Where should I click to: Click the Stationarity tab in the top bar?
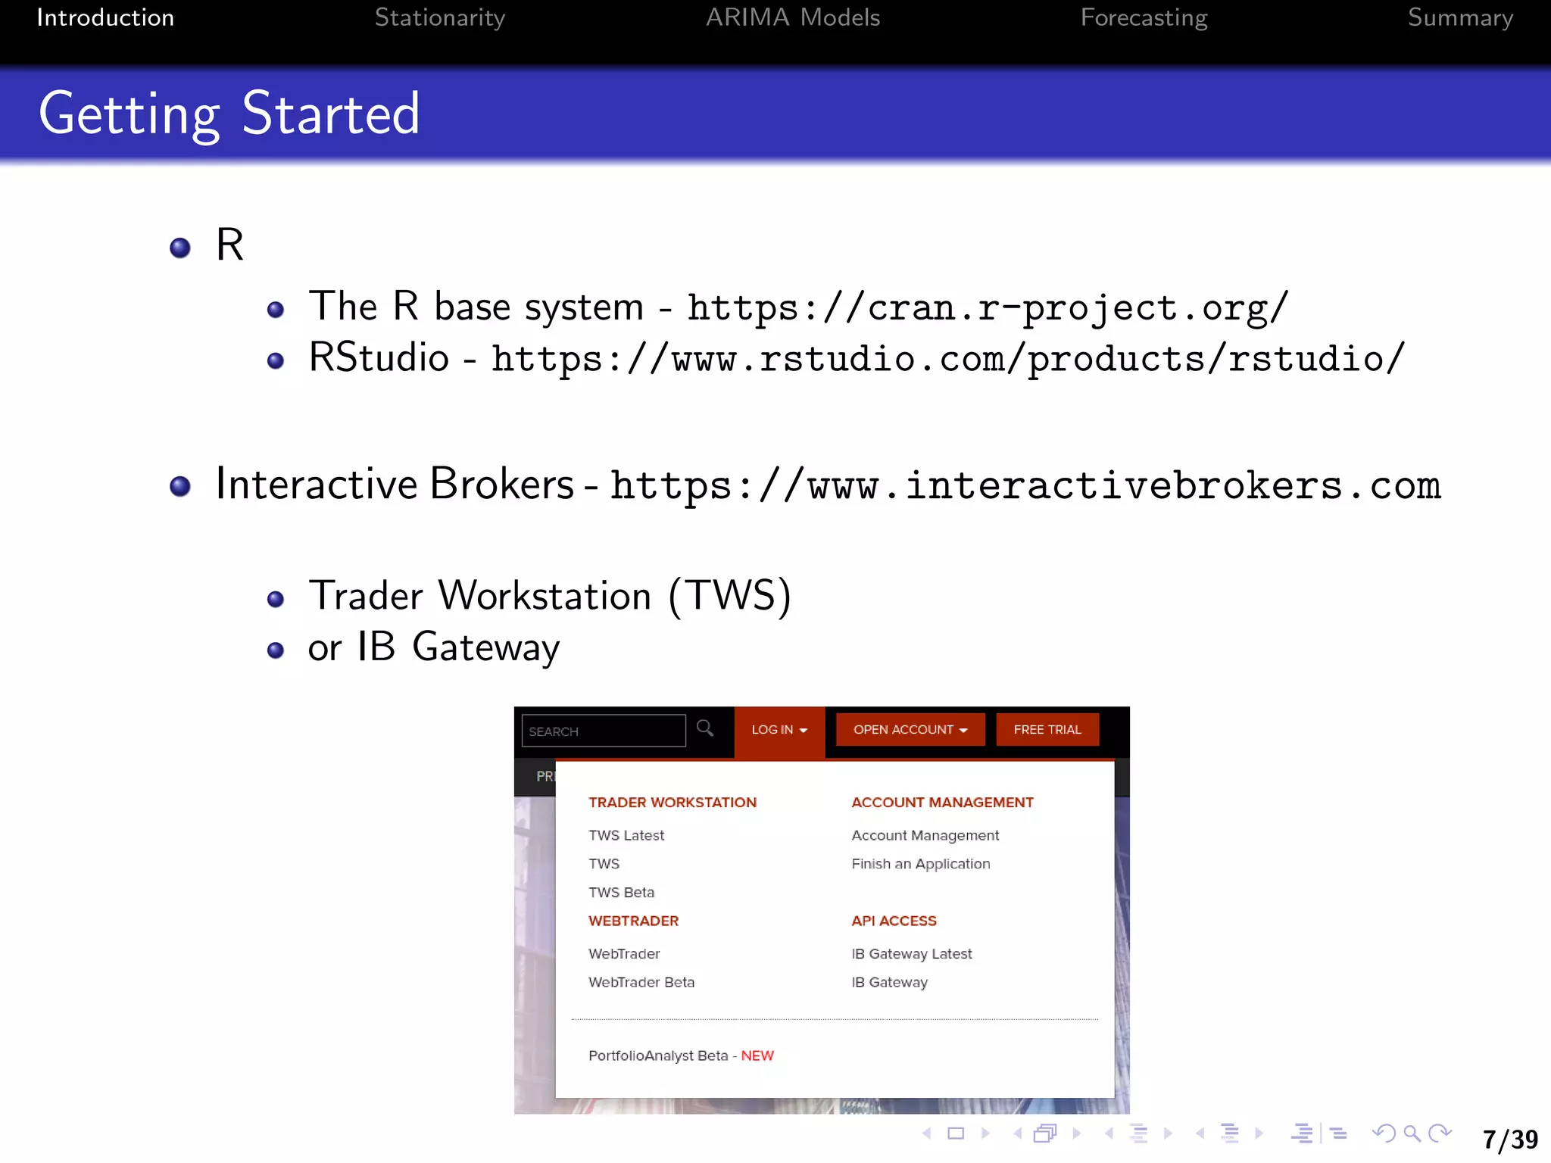pos(439,17)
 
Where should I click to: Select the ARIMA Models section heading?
pos(792,17)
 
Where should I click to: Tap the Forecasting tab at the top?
pos(1144,17)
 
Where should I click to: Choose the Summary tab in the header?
pos(1459,17)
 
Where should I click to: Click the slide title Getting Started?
pos(229,114)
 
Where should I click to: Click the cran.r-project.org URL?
pos(987,308)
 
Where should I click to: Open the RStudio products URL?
pos(947,359)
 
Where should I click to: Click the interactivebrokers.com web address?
pos(1025,485)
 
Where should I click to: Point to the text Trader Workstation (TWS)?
pos(550,596)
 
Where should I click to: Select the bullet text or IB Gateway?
pos(434,647)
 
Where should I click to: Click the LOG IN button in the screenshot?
pos(779,730)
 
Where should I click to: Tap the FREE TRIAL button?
pos(1047,730)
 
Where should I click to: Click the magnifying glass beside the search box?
pos(705,728)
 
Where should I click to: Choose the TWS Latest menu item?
pos(626,835)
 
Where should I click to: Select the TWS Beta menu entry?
pos(621,893)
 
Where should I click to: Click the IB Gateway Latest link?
pos(911,954)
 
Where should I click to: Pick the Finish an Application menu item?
pos(920,864)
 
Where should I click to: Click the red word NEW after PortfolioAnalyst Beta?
pos(757,1055)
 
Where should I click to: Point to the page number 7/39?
pos(1510,1140)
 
